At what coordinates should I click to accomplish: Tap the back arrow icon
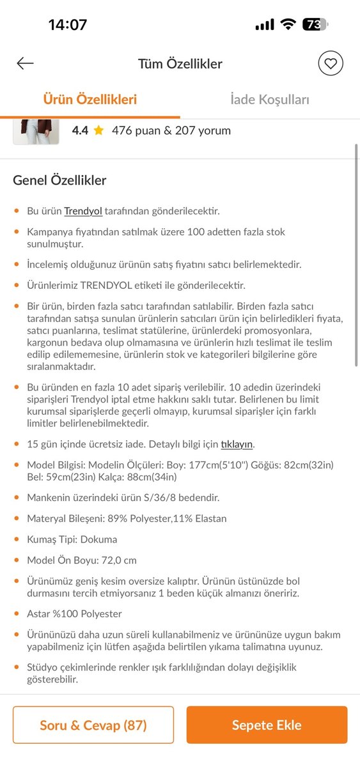click(x=25, y=63)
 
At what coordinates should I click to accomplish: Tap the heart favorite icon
click(x=331, y=63)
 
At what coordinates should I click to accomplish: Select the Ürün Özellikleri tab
click(x=90, y=100)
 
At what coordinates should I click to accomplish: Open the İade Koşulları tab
click(x=270, y=100)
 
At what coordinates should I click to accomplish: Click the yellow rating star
click(x=98, y=130)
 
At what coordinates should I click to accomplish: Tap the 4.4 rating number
click(x=80, y=130)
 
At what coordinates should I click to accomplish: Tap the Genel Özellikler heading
click(x=59, y=180)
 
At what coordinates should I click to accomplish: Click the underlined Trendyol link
click(x=83, y=211)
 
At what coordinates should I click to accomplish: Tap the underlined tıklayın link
click(x=237, y=444)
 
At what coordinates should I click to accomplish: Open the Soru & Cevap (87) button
click(x=93, y=725)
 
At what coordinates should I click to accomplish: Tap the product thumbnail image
click(x=36, y=131)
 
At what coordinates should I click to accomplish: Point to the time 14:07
click(x=67, y=25)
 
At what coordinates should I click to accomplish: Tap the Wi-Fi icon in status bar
click(x=288, y=25)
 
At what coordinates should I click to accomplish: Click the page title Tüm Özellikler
click(x=180, y=64)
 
